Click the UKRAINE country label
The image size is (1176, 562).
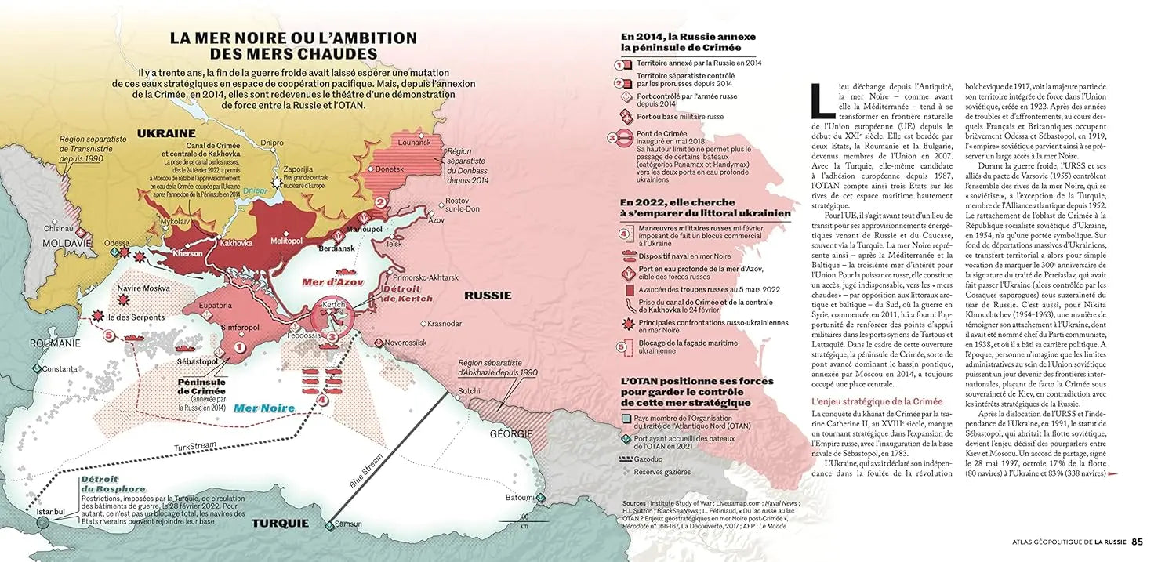pos(166,133)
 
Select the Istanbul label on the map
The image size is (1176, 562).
pos(51,512)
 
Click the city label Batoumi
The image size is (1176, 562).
pos(520,497)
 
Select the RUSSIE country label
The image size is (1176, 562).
pos(488,296)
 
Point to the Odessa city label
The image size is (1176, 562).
pos(117,243)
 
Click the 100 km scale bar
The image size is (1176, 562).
pos(524,520)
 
